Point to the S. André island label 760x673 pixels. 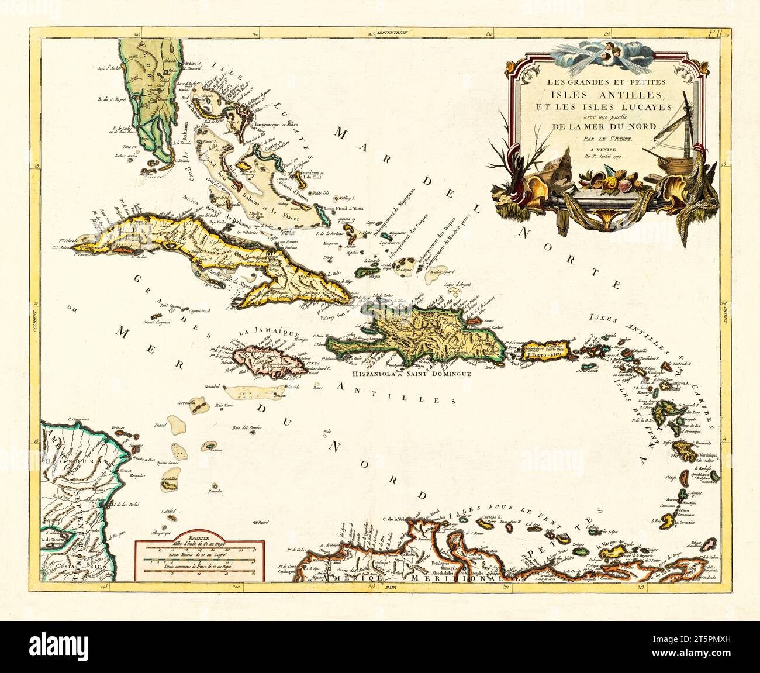coord(170,511)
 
